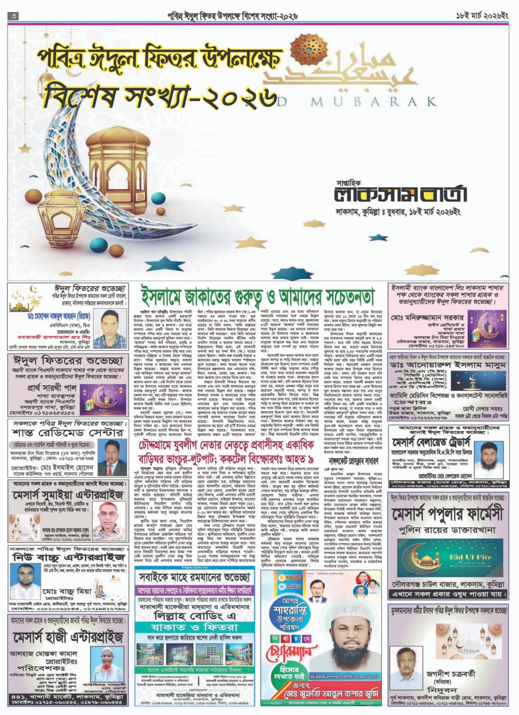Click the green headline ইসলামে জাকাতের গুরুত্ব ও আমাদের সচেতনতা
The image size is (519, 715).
tap(257, 296)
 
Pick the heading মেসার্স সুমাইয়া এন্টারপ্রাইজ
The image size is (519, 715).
tap(67, 496)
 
